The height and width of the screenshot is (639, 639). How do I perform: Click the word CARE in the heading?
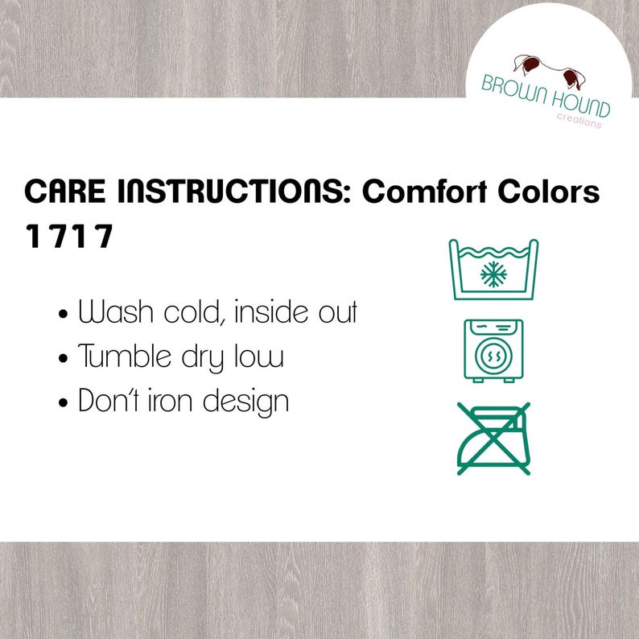[65, 191]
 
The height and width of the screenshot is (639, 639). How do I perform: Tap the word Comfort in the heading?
[425, 191]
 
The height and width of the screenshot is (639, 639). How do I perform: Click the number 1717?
[69, 236]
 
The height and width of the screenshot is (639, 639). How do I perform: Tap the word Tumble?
[124, 356]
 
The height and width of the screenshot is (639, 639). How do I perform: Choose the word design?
[245, 402]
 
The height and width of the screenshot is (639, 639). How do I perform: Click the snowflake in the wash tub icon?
[493, 274]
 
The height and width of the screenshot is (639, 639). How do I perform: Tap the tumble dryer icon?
[493, 351]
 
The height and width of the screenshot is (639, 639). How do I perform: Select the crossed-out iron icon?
[493, 439]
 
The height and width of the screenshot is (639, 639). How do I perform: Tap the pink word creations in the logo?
[579, 120]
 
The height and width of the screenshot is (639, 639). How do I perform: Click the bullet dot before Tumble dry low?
[63, 359]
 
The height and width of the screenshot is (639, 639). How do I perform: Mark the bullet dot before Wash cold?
[63, 314]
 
